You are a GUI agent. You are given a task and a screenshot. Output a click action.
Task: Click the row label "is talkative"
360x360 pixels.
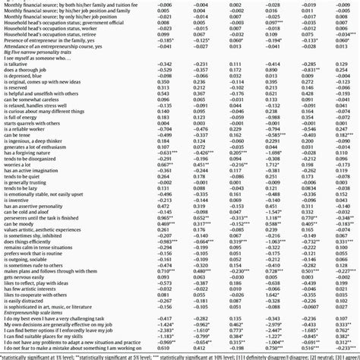[x=17, y=64]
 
